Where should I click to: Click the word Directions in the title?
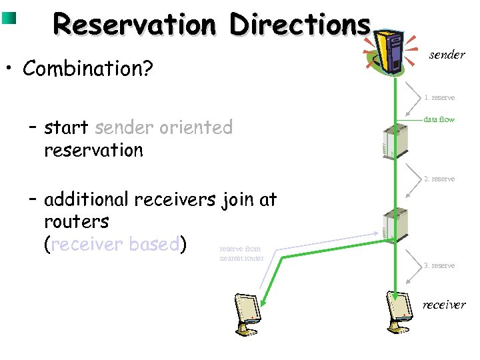pyautogui.click(x=299, y=25)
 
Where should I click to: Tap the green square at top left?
pyautogui.click(x=9, y=17)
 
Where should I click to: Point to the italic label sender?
pyautogui.click(x=447, y=55)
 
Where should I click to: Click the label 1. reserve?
pyautogui.click(x=439, y=97)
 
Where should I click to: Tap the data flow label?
pyautogui.click(x=439, y=119)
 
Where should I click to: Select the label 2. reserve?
pyautogui.click(x=439, y=179)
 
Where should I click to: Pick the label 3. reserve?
pyautogui.click(x=439, y=265)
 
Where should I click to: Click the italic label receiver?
pyautogui.click(x=443, y=305)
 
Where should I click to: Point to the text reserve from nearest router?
pyautogui.click(x=241, y=253)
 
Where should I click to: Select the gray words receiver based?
pyautogui.click(x=114, y=244)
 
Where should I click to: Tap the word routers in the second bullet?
pyautogui.click(x=76, y=221)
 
